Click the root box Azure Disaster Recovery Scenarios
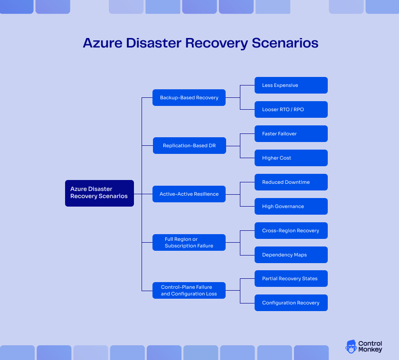pyautogui.click(x=99, y=193)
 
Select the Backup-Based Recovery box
pyautogui.click(x=189, y=97)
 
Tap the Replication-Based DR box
pyautogui.click(x=189, y=146)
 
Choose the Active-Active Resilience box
pyautogui.click(x=189, y=194)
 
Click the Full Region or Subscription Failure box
pyautogui.click(x=189, y=242)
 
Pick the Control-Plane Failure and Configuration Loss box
pyautogui.click(x=189, y=290)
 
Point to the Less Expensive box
pyautogui.click(x=291, y=85)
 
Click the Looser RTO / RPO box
pyautogui.click(x=291, y=109)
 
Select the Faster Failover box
pyautogui.click(x=291, y=134)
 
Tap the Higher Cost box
pyautogui.click(x=291, y=158)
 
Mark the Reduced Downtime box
pyautogui.click(x=291, y=182)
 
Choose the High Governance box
pyautogui.click(x=291, y=206)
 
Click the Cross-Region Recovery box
pyautogui.click(x=291, y=230)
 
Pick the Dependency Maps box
pyautogui.click(x=291, y=255)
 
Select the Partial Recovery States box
pyautogui.click(x=291, y=279)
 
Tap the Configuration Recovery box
pyautogui.click(x=291, y=303)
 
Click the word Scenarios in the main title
pyautogui.click(x=285, y=43)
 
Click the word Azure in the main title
pyautogui.click(x=100, y=43)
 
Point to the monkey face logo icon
pyautogui.click(x=351, y=346)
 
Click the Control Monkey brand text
pyautogui.click(x=370, y=346)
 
